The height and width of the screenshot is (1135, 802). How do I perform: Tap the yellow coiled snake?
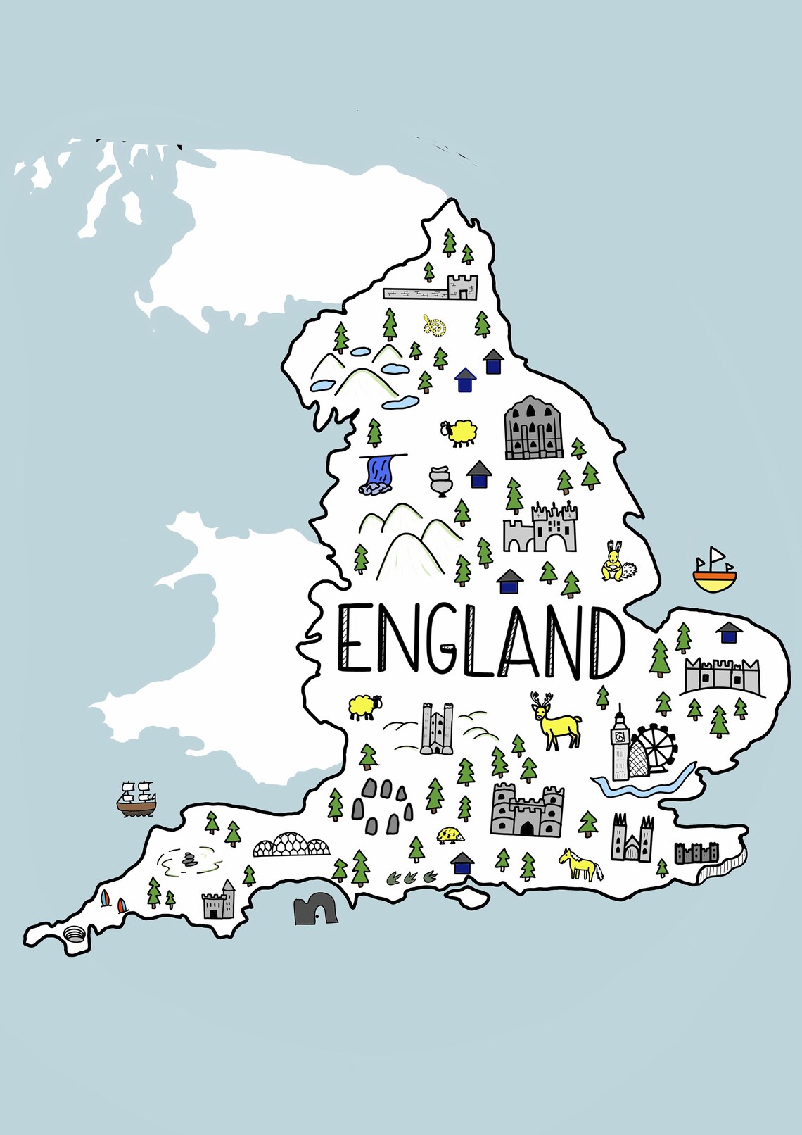point(434,326)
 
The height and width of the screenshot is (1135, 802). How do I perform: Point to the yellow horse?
point(580,865)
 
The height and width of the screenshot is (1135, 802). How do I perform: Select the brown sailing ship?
point(136,798)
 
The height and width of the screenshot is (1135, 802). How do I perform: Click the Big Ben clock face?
point(620,736)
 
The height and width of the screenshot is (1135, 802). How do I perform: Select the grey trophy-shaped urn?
point(440,481)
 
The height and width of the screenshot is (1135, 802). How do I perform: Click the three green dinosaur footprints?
point(412,877)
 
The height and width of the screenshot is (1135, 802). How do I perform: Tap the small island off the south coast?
point(468,896)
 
